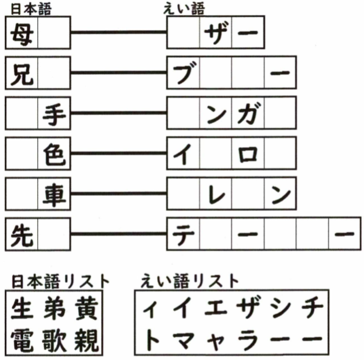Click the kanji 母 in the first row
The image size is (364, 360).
(22, 34)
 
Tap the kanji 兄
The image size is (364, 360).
(22, 74)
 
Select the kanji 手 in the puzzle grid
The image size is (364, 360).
(54, 115)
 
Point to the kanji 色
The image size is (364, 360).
(54, 154)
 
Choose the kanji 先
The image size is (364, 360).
(22, 236)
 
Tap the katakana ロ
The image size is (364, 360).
(248, 154)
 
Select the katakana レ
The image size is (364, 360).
(216, 194)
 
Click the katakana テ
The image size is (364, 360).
(183, 235)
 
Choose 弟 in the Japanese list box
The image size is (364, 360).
(54, 309)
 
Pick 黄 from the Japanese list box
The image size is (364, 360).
(86, 309)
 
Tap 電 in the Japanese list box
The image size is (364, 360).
(22, 340)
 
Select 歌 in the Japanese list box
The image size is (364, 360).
(54, 340)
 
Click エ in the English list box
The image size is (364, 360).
(216, 309)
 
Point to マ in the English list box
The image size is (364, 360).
(185, 340)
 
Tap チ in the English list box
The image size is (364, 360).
(312, 308)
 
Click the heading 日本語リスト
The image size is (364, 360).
(60, 282)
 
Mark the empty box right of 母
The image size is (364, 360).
(54, 33)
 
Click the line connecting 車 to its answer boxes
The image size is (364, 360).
(119, 193)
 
